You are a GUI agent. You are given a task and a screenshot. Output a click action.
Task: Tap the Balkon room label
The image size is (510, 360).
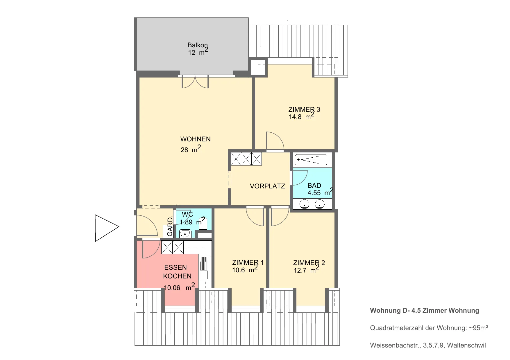(198, 45)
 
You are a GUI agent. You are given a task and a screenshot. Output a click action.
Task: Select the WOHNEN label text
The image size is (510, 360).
(195, 139)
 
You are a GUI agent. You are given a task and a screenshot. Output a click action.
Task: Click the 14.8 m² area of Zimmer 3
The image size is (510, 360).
(302, 116)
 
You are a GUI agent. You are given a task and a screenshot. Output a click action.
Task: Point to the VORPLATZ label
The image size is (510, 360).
(267, 186)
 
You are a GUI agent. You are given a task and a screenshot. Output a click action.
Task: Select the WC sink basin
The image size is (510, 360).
(185, 233)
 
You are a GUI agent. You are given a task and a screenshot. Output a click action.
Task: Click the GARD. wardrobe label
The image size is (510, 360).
(170, 226)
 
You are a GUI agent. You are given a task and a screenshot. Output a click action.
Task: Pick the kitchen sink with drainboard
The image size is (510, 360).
(205, 268)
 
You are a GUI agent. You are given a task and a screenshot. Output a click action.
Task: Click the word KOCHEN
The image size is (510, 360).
(177, 276)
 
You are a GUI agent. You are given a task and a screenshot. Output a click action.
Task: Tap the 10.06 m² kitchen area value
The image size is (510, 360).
(179, 287)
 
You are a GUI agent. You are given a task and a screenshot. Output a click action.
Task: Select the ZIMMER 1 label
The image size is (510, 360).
(248, 262)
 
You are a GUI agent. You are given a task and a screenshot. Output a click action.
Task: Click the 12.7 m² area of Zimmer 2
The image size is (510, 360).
(307, 270)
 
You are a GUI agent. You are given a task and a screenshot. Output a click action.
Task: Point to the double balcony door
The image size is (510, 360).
(195, 82)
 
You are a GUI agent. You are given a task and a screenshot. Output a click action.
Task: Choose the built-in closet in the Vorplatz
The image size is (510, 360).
(246, 159)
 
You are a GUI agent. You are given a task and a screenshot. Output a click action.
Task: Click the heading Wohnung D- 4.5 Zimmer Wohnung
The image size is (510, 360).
(425, 310)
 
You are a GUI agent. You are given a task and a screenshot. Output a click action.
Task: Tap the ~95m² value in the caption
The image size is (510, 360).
(478, 328)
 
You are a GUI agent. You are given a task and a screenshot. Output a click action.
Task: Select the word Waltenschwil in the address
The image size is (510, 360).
(466, 345)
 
